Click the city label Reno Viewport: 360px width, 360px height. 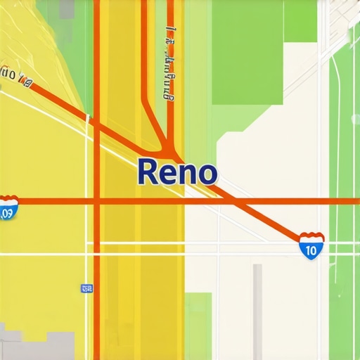point(178,172)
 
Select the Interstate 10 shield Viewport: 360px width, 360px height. point(311,246)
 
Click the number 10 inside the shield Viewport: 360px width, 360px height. point(311,249)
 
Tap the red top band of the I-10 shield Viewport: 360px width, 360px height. point(311,237)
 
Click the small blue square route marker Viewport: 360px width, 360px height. point(86,288)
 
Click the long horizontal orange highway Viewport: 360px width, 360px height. point(267,202)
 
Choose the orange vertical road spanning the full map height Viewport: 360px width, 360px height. point(96,295)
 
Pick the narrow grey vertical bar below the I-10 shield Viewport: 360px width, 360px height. point(257,309)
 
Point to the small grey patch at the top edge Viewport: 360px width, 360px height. point(66,8)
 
